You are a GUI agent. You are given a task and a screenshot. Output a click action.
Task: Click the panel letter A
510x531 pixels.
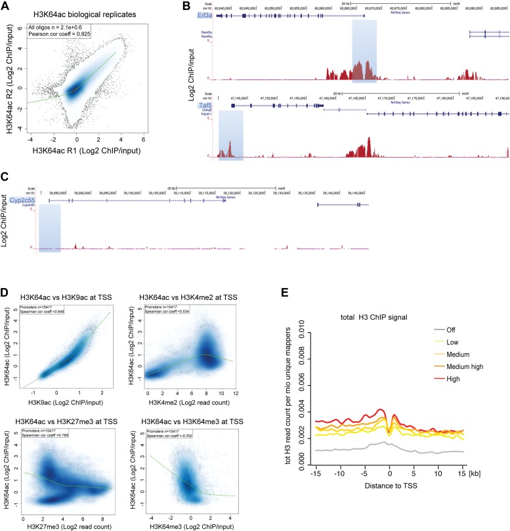(5, 6)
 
